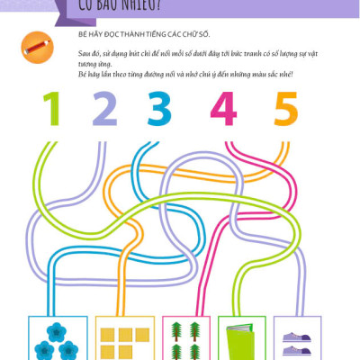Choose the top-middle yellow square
pos(122,335)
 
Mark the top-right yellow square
pos(140,335)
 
